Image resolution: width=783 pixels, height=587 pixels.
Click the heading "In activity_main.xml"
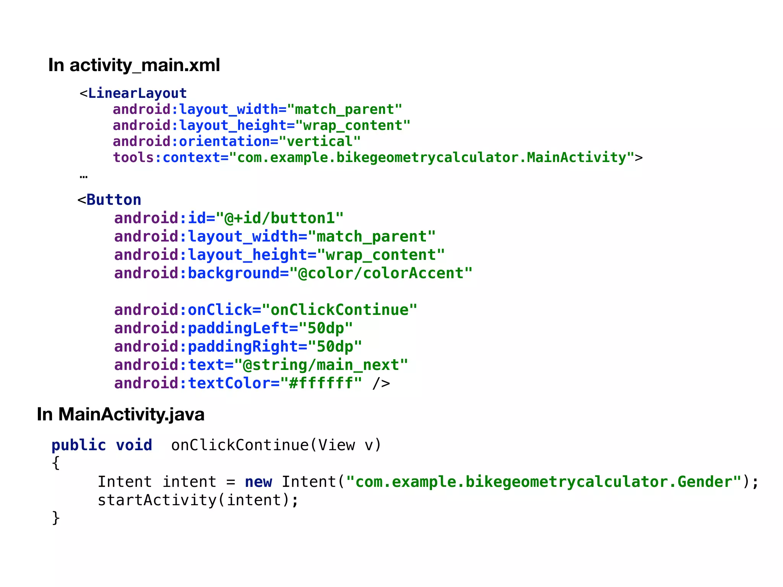coord(134,65)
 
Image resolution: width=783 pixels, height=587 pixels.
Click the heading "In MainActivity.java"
coord(120,414)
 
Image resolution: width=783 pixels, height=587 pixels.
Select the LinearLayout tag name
coord(137,93)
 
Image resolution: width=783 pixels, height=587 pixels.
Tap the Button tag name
coord(114,200)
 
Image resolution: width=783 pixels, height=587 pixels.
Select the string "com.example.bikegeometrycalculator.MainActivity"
coord(432,157)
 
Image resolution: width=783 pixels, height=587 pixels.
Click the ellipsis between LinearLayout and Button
coord(83,177)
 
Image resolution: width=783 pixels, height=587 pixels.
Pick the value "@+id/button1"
coord(279,218)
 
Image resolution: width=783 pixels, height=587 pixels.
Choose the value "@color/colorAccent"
coord(381,273)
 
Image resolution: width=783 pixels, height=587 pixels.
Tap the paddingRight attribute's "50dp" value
coord(335,347)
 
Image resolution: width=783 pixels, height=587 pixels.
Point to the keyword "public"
coord(79,445)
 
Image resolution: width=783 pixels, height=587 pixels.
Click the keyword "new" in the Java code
coord(258,482)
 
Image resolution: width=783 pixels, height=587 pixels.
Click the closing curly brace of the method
coord(56,518)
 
